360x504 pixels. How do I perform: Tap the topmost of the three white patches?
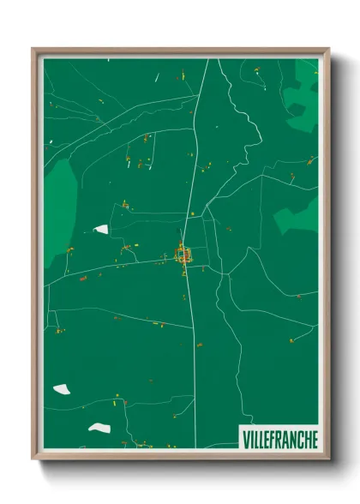(101, 229)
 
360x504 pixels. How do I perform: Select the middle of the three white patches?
(61, 389)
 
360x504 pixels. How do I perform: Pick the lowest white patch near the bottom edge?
(99, 428)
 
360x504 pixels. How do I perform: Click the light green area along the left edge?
(58, 206)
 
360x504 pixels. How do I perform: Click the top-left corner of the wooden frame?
(34, 50)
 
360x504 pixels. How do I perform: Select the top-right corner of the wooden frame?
(327, 50)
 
